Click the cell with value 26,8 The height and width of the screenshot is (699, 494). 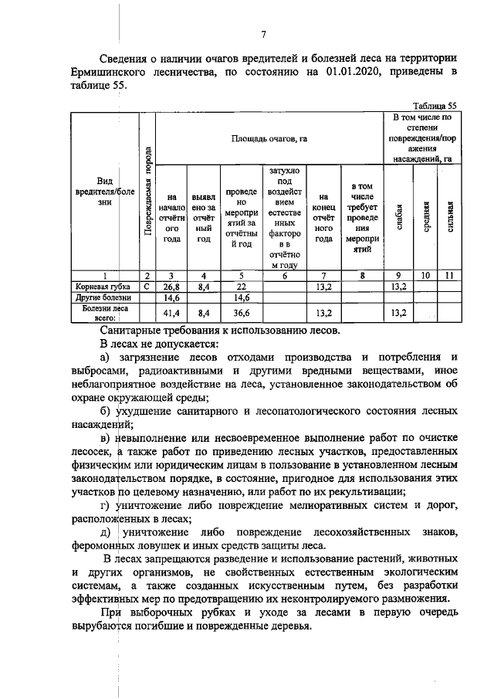(171, 286)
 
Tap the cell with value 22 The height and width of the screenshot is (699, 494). (240, 286)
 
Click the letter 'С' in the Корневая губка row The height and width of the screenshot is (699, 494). (147, 286)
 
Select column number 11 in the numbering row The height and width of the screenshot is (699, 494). (448, 274)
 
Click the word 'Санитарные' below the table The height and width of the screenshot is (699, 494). (132, 328)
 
